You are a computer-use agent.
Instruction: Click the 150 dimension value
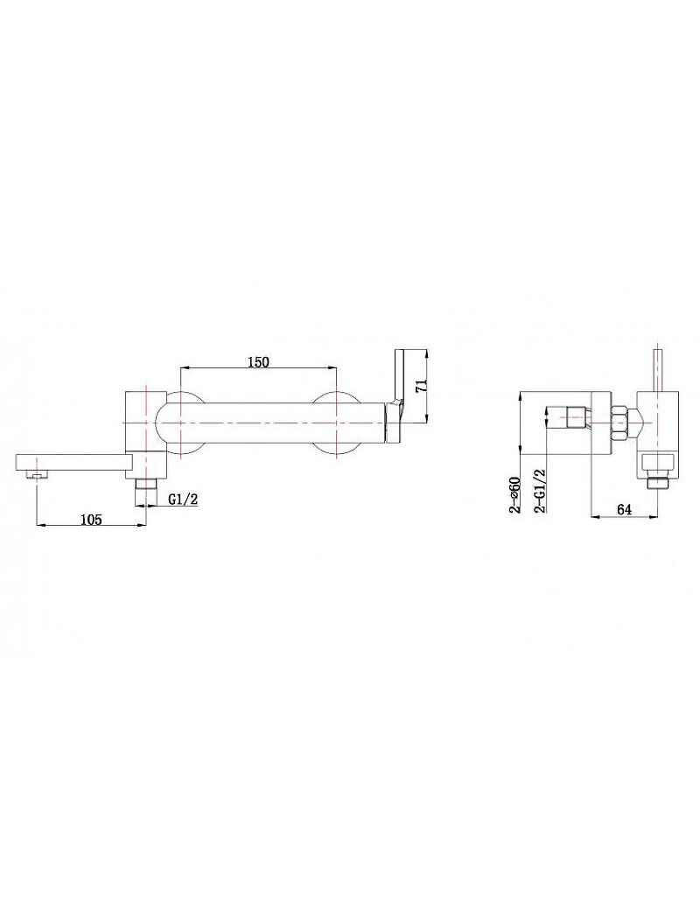258,361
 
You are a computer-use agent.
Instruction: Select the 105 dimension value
91,518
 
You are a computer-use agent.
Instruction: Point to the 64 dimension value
624,509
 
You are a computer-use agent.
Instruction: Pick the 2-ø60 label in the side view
514,493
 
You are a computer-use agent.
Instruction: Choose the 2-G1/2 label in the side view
540,491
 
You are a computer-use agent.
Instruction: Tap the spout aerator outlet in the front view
38,476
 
